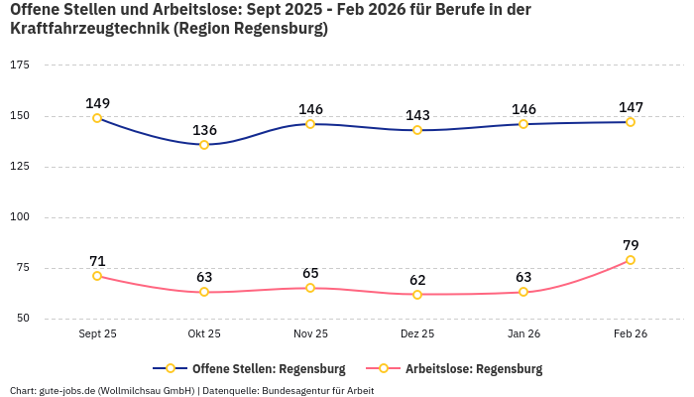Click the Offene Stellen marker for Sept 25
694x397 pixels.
pyautogui.click(x=97, y=118)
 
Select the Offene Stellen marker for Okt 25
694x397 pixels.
pyautogui.click(x=204, y=145)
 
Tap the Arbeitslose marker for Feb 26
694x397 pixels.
pyautogui.click(x=631, y=260)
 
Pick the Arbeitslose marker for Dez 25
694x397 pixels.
pyautogui.click(x=417, y=295)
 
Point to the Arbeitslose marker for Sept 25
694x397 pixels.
pyautogui.click(x=97, y=276)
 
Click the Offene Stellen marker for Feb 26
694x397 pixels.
pyautogui.click(x=631, y=122)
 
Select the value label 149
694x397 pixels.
pyautogui.click(x=97, y=103)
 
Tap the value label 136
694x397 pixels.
pyautogui.click(x=204, y=130)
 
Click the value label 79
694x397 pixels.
pyautogui.click(x=631, y=245)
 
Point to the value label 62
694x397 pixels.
pyautogui.click(x=417, y=280)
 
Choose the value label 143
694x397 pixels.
pyautogui.click(x=417, y=115)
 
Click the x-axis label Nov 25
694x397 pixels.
pyautogui.click(x=310, y=334)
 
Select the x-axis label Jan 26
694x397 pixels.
pyautogui.click(x=523, y=334)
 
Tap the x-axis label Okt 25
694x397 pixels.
pyautogui.click(x=204, y=334)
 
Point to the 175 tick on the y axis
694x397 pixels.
pyautogui.click(x=20, y=65)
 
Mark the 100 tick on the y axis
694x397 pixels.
pyautogui.click(x=20, y=217)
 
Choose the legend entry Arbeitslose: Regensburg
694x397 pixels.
pyautogui.click(x=474, y=369)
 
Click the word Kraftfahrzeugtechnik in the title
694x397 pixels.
pyautogui.click(x=89, y=29)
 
